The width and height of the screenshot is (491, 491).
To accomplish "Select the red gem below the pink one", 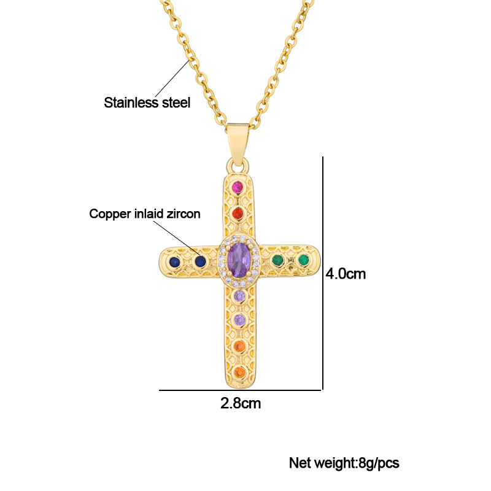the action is pyautogui.click(x=238, y=214).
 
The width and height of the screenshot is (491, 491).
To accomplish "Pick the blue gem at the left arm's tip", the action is pyautogui.click(x=174, y=261).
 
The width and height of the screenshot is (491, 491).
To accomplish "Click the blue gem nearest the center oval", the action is pyautogui.click(x=199, y=261).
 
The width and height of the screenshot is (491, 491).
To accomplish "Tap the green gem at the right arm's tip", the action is pyautogui.click(x=303, y=260).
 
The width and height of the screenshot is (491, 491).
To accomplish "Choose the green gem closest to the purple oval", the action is pyautogui.click(x=277, y=260).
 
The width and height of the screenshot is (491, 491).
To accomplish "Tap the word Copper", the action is pyautogui.click(x=108, y=214).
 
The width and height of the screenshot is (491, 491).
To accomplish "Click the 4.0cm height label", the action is pyautogui.click(x=346, y=274).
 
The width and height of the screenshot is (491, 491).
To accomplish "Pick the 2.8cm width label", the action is pyautogui.click(x=241, y=404).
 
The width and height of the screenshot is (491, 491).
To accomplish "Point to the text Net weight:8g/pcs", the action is pyautogui.click(x=344, y=463).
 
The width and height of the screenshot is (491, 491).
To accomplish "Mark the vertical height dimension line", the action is pyautogui.click(x=323, y=273).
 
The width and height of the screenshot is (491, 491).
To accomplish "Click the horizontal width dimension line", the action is pyautogui.click(x=241, y=390).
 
